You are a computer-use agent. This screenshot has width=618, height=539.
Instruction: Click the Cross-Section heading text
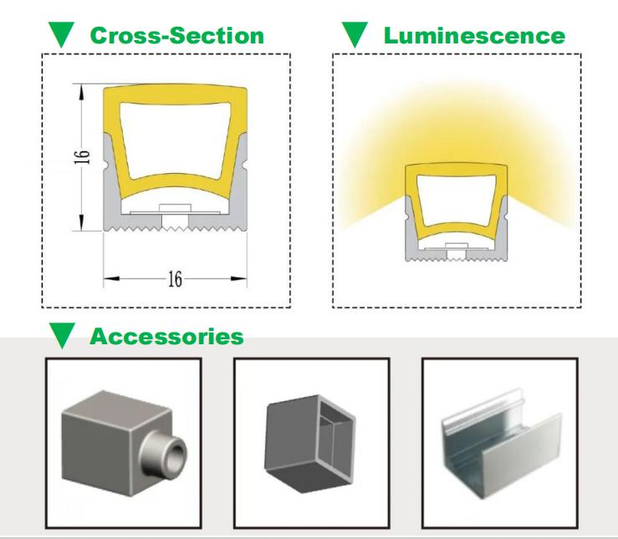177,35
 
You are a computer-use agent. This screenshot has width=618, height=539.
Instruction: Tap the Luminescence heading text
474,35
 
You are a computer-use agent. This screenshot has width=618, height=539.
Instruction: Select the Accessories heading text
166,337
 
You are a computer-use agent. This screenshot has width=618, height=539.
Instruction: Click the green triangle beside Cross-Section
62,34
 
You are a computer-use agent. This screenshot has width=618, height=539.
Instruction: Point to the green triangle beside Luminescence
355,34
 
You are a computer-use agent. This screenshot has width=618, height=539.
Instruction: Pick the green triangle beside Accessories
62,335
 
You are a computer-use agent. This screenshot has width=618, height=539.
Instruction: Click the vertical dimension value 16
82,157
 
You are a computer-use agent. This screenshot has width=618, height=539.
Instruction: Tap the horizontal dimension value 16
175,279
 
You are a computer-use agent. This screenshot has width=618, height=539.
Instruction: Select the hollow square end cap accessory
309,444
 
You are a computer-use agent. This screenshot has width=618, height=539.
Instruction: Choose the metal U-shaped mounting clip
501,444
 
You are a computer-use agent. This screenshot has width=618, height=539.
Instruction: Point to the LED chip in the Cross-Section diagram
175,208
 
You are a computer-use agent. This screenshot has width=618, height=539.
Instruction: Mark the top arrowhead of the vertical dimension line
82,92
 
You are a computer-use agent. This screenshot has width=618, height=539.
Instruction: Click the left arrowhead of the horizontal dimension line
111,279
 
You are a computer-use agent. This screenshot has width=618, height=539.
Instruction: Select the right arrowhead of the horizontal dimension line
239,279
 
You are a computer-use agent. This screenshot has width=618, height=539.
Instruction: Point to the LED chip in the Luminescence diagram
457,246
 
